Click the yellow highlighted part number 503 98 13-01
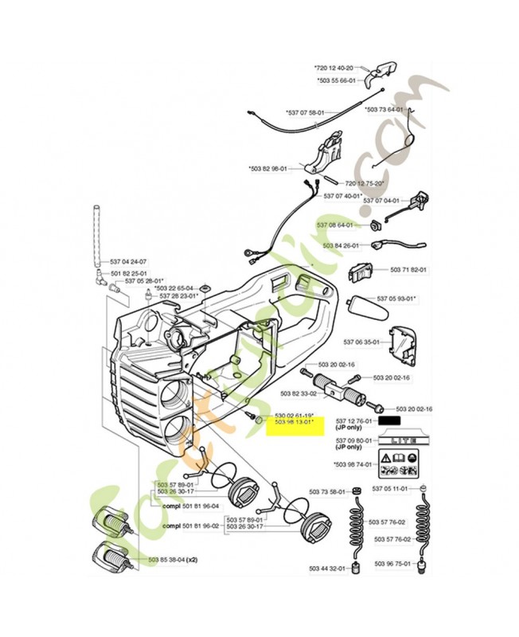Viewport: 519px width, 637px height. click(294, 422)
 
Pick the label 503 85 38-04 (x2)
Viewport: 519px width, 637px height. click(172, 559)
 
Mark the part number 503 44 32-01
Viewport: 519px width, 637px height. click(328, 569)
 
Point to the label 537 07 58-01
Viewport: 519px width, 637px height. click(306, 112)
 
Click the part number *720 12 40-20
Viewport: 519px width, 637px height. click(338, 68)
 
